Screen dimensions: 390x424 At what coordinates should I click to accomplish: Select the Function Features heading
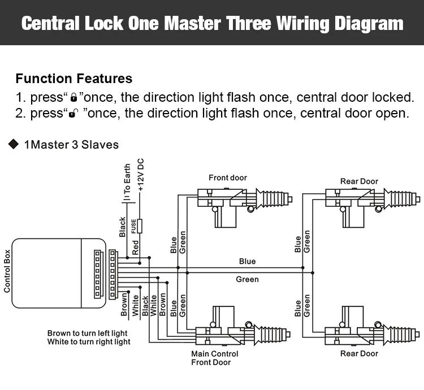(74, 79)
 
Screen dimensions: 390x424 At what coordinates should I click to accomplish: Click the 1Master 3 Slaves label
(71, 145)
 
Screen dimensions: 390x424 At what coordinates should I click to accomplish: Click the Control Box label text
(7, 272)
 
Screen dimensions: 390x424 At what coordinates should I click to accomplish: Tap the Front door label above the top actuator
(228, 177)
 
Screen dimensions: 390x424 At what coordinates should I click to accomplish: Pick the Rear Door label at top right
(359, 181)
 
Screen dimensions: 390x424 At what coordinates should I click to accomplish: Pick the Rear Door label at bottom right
(359, 354)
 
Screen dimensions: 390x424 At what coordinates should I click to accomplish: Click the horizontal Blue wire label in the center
(247, 261)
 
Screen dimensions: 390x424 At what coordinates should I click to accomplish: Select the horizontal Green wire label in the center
(247, 279)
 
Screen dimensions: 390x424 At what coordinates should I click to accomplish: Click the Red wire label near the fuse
(136, 247)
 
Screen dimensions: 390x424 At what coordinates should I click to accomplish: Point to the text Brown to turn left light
(88, 333)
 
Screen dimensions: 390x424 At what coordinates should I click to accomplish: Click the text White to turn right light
(89, 342)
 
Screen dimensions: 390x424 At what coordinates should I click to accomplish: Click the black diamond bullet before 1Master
(14, 145)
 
